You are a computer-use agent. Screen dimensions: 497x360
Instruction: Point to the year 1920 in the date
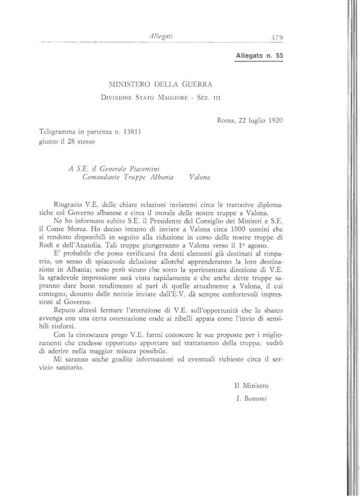pyautogui.click(x=276, y=120)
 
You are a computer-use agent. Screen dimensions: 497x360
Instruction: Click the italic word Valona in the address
pyautogui.click(x=200, y=177)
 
